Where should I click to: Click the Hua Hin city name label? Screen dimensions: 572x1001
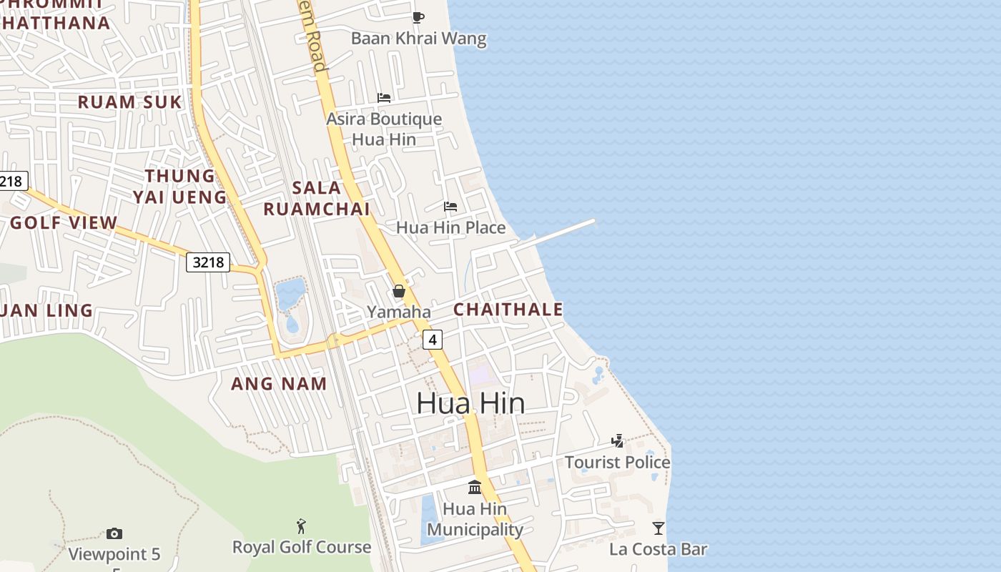[x=470, y=403]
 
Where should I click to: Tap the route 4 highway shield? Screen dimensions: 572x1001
[x=432, y=339]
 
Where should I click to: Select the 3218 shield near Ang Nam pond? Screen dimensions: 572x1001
[x=209, y=262]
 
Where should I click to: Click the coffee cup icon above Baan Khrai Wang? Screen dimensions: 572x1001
[x=418, y=17]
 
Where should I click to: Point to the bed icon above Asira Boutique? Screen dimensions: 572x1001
[x=384, y=98]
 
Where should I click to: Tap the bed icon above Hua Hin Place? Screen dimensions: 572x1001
[x=450, y=207]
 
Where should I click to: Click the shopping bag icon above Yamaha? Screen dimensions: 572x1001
[x=399, y=291]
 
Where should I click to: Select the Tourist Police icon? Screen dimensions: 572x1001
[x=618, y=441]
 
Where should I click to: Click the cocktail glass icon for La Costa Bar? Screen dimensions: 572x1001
[x=659, y=528]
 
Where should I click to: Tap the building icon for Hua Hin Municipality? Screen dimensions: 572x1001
[x=475, y=488]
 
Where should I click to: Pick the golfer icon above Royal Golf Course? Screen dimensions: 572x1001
[x=301, y=526]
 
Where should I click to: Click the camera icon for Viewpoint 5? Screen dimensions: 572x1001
[x=114, y=533]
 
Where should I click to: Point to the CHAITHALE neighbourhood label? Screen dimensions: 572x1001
[x=508, y=310]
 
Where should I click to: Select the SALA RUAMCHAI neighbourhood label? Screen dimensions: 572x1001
[x=317, y=198]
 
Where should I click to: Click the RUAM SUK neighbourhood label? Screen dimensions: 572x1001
[x=130, y=102]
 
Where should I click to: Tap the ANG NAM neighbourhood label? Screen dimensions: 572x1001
[x=279, y=383]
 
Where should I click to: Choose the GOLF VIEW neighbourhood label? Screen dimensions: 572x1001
[x=64, y=222]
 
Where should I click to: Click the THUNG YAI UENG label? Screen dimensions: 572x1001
[x=179, y=186]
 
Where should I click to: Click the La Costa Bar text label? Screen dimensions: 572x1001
[x=658, y=549]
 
